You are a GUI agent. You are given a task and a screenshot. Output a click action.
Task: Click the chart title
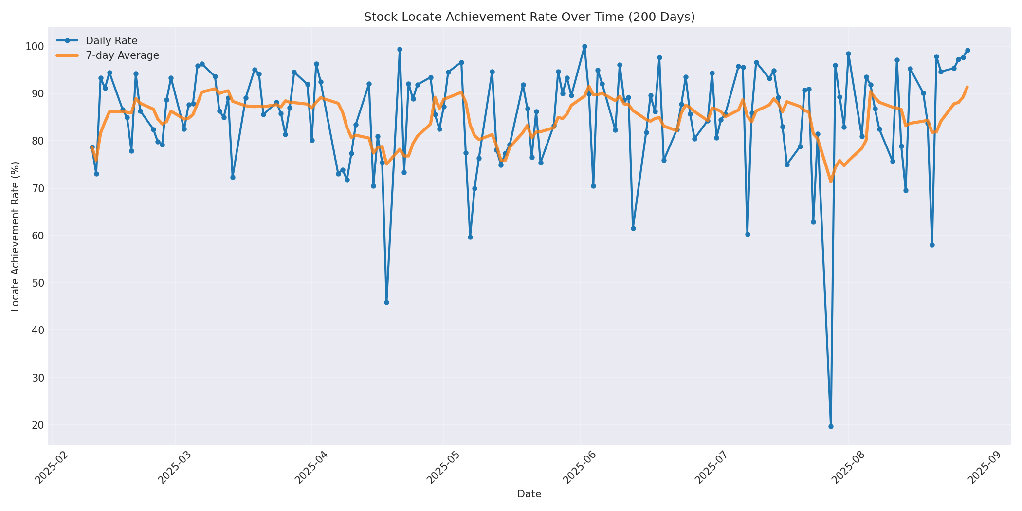529,17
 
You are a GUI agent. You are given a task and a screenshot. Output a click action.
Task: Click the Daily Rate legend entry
111,41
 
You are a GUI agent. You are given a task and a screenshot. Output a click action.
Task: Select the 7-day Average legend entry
122,55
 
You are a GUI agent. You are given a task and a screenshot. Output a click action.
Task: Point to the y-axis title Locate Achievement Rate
15,236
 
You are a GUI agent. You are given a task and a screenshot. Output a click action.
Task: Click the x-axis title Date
529,494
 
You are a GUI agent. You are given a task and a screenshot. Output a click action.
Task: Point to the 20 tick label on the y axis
37,425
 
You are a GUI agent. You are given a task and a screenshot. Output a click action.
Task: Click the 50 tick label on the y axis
37,283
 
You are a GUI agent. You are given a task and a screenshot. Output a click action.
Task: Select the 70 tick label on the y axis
37,189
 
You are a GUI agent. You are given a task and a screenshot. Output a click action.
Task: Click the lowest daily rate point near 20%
831,426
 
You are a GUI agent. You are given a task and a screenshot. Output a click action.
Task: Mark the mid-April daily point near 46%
386,302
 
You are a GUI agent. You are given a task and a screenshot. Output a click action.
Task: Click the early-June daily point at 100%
584,47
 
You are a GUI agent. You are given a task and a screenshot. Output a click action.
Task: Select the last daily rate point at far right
967,50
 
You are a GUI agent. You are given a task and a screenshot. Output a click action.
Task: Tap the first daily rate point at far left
92,147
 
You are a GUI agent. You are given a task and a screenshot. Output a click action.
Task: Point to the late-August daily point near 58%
932,245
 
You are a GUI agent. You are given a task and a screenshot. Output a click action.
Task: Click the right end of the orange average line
967,87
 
